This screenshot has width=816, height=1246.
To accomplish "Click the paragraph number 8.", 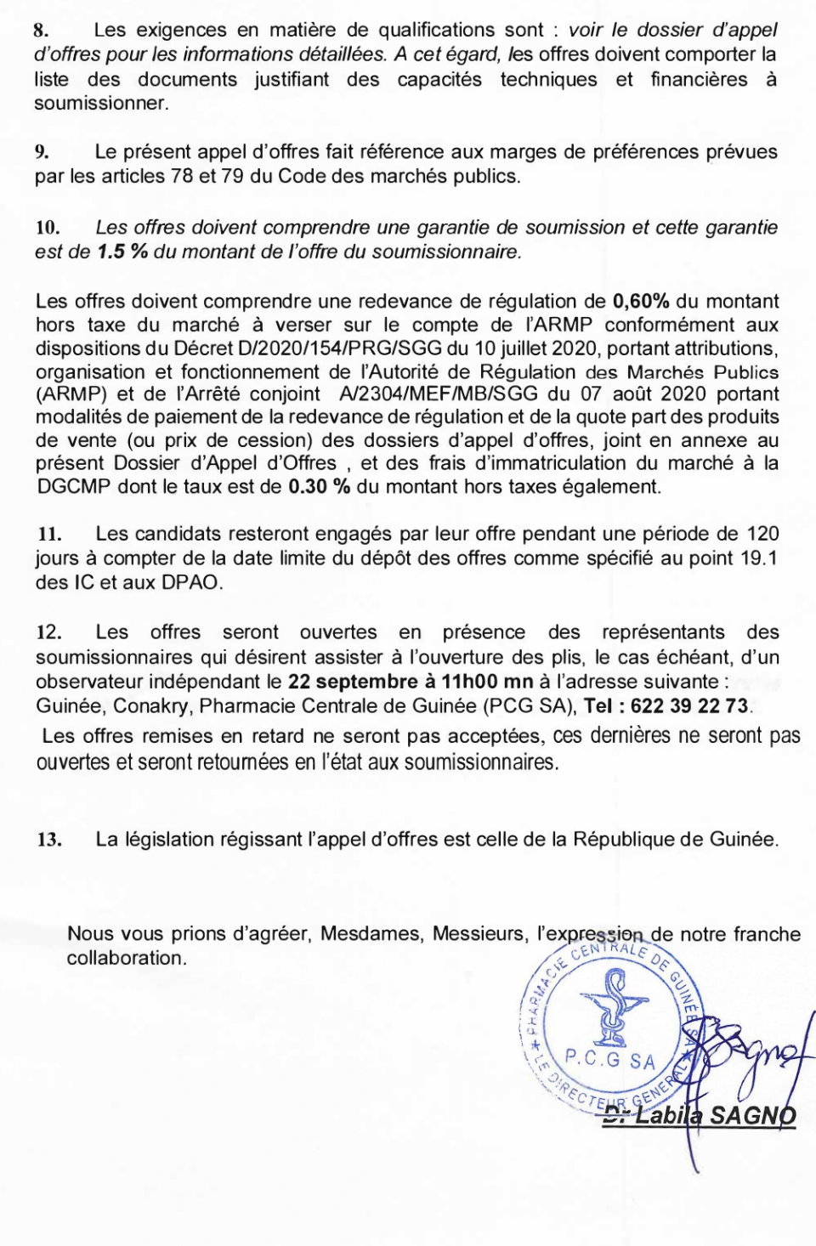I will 40,31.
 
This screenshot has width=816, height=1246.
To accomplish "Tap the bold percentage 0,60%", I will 641,302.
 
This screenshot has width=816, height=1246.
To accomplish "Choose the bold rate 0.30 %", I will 320,487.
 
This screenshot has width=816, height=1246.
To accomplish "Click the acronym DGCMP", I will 72,487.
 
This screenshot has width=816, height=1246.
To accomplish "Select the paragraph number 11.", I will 49,535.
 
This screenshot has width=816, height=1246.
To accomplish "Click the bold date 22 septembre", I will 350,682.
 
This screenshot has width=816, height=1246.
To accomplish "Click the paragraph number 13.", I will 49,841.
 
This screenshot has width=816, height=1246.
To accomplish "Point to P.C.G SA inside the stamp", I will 609,1060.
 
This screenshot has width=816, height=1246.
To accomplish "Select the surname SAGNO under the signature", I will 752,1116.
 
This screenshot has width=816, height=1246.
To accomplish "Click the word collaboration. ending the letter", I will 127,959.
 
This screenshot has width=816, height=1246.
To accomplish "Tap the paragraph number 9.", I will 42,153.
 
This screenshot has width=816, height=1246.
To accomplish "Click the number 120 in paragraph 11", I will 762,535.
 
